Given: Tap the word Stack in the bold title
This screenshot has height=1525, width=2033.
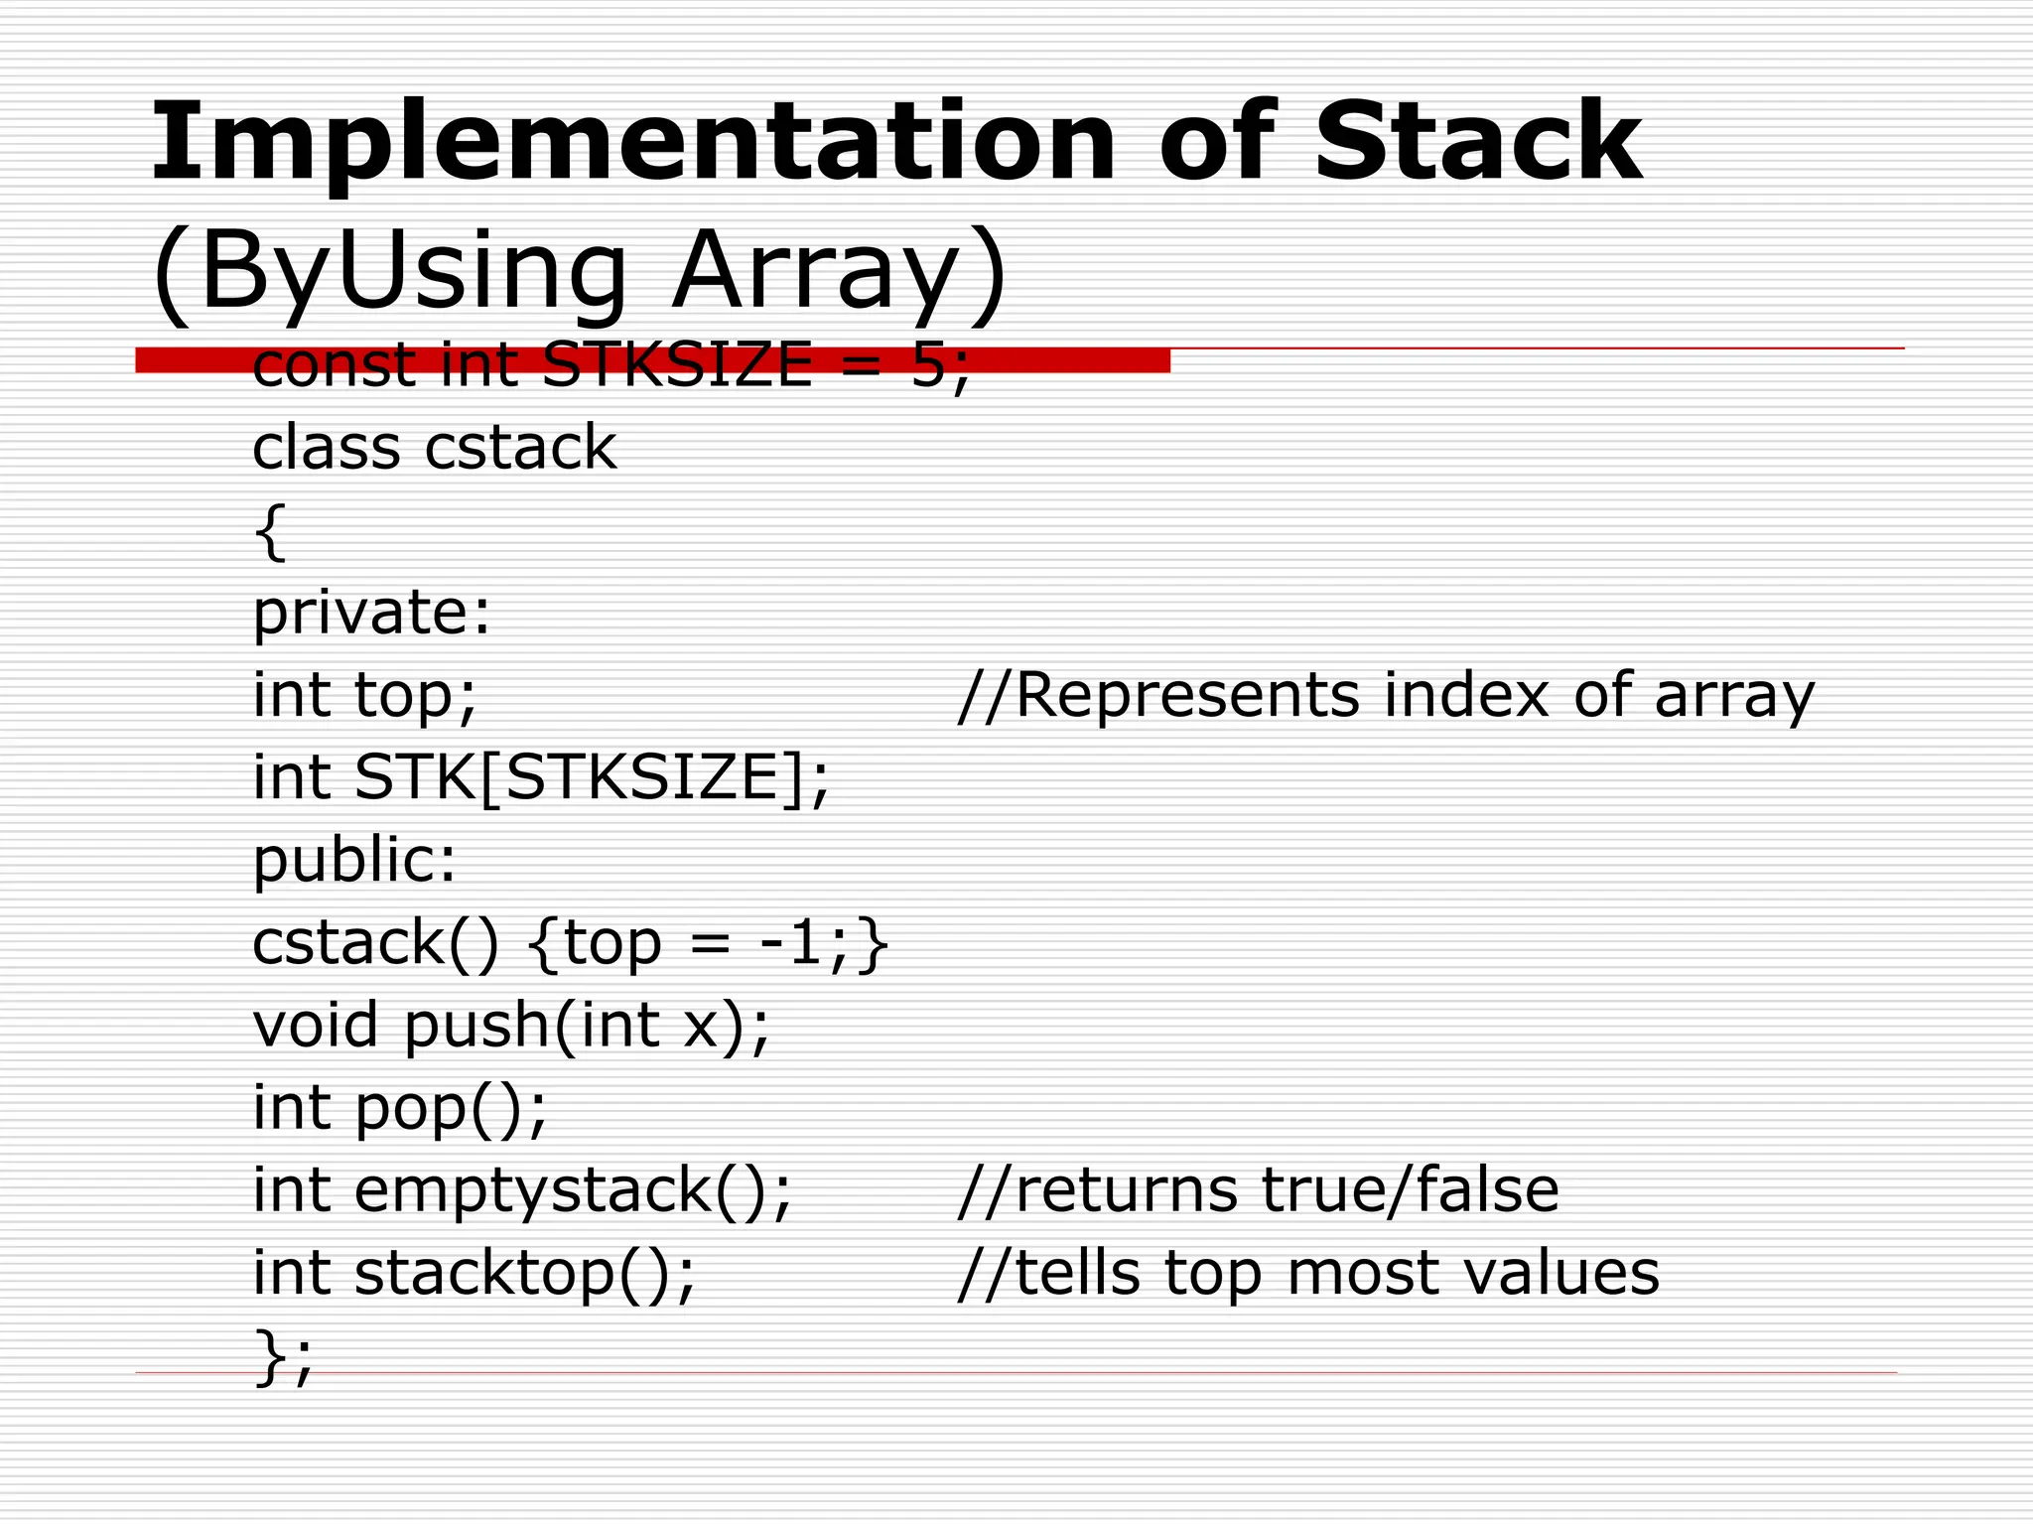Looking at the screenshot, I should click(1477, 144).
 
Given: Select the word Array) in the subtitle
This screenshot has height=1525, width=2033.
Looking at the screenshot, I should click(839, 270).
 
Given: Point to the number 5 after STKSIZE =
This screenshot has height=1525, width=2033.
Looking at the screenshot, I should click(929, 364).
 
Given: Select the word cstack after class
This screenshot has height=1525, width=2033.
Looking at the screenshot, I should click(520, 447).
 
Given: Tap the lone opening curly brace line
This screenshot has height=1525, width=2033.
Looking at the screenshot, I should click(270, 532).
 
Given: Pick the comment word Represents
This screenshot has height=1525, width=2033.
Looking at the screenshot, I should click(1187, 694).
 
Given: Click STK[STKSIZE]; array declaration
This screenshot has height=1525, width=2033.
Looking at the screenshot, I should click(592, 777).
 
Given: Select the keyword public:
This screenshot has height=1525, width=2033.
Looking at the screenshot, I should click(354, 860).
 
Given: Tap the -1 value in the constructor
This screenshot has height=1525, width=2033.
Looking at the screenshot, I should click(790, 942).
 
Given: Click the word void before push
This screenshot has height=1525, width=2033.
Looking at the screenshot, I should click(316, 1025).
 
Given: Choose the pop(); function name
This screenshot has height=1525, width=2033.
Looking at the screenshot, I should click(451, 1108).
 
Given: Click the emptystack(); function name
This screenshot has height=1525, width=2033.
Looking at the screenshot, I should click(573, 1190).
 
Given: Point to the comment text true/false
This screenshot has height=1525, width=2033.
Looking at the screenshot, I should click(1410, 1189).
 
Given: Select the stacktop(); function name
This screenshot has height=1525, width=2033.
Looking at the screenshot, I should click(525, 1273).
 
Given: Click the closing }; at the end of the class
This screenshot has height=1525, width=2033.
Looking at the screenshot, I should click(284, 1356).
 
